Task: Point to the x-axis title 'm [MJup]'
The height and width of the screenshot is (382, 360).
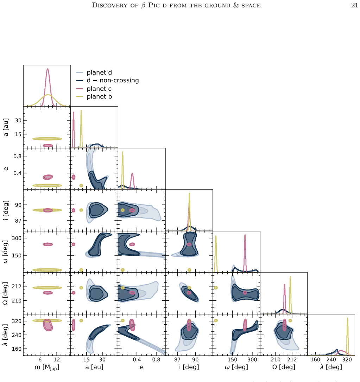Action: coord(47,367)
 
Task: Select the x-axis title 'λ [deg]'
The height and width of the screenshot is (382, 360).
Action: coord(331,367)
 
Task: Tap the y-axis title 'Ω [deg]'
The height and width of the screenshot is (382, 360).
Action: coord(5,294)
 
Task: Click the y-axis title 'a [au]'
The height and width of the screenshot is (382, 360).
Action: coord(6,127)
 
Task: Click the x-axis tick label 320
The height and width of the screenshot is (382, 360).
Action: coord(347,359)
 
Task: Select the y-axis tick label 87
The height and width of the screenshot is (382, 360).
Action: coord(18,221)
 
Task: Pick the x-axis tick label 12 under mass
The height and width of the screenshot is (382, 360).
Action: coord(57,359)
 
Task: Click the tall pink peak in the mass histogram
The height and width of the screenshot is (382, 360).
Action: coord(48,69)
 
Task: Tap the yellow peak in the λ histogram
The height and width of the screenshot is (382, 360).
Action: coord(347,318)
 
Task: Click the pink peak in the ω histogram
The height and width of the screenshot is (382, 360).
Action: coord(245,235)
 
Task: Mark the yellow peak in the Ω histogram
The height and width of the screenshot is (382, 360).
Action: coord(290,277)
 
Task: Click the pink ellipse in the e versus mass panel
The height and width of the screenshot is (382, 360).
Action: coord(48,177)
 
